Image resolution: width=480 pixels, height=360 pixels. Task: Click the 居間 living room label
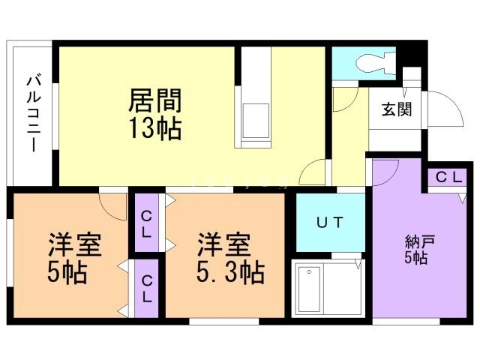tap(156, 101)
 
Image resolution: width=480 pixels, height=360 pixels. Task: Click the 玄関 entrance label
tap(397, 109)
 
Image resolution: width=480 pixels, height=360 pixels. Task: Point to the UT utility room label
tap(329, 222)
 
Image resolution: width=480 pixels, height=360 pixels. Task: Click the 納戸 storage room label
tap(415, 242)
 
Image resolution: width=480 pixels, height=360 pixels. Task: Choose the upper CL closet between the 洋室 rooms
tap(148, 223)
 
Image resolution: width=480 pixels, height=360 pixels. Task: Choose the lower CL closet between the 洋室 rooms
tap(148, 289)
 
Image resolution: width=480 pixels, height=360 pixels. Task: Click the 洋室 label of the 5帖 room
tap(75, 244)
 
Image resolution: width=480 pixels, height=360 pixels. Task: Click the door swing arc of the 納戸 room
tap(386, 172)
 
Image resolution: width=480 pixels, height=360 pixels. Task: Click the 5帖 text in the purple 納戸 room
tap(415, 259)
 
